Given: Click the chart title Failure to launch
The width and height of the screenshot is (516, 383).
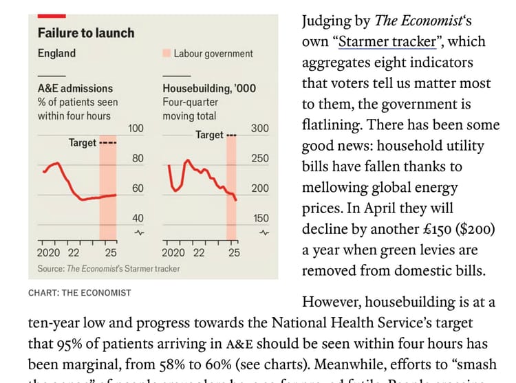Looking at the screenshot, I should point(86,32).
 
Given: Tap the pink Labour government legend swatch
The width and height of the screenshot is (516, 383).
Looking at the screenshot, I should point(166,53).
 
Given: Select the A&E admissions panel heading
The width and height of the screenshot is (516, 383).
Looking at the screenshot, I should point(75,88).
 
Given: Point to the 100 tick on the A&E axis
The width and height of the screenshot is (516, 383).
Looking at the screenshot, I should point(136,129).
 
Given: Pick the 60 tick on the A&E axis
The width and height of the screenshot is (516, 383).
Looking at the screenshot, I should point(138,188).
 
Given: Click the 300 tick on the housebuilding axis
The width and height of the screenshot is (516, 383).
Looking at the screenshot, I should point(260,129).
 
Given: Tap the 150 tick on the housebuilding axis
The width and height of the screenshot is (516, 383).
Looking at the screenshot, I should point(261,218).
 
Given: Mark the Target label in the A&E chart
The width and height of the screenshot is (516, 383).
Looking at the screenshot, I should point(83,142).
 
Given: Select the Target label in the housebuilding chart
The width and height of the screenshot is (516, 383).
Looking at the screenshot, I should point(209,135).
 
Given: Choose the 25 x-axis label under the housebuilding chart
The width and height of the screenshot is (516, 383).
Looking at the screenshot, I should point(234,252).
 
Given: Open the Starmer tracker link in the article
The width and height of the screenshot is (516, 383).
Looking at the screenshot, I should point(388,41).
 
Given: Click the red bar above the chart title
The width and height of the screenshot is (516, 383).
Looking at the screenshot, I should point(52,15).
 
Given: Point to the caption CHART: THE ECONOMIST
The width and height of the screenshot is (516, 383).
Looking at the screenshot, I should point(79,293).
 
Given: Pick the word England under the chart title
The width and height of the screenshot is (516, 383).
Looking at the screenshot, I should point(56,53).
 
